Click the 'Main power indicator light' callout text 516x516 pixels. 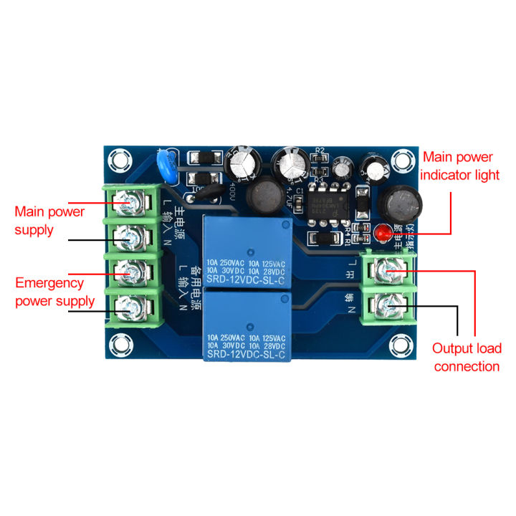[457, 166]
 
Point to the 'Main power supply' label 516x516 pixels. [49, 221]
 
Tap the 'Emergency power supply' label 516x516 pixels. [54, 292]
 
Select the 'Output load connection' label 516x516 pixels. [466, 358]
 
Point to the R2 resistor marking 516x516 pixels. [320, 151]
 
